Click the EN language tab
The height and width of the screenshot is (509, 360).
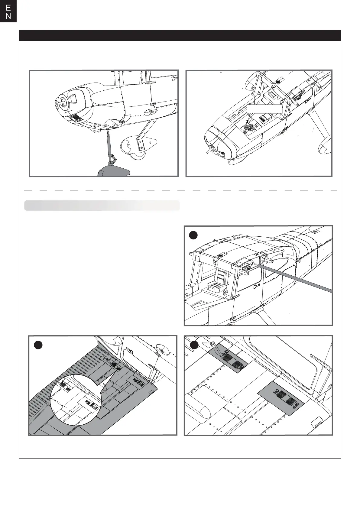pos(8,11)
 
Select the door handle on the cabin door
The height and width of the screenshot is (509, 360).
pos(257,286)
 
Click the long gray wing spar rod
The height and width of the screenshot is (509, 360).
pos(296,278)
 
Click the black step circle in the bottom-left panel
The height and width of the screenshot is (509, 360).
pos(38,345)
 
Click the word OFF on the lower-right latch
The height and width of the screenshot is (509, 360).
pos(297,405)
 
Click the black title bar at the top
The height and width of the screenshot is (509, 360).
pos(180,35)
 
